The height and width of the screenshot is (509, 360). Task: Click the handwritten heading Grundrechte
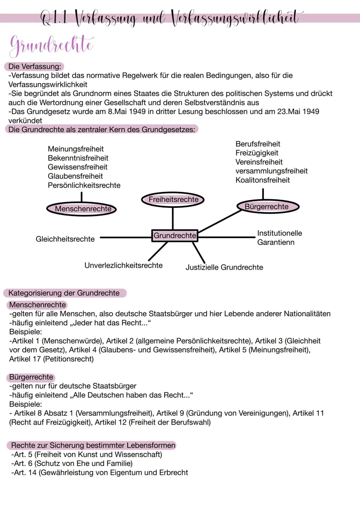(x=52, y=45)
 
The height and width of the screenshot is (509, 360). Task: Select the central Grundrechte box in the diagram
(x=175, y=236)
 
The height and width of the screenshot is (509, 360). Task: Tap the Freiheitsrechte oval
(x=173, y=200)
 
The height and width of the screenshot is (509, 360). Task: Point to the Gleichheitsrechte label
(x=65, y=239)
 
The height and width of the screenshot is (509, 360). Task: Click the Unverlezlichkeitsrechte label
(x=123, y=265)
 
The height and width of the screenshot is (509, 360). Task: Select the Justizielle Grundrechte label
(x=224, y=267)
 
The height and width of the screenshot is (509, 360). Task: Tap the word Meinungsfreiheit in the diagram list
(x=76, y=149)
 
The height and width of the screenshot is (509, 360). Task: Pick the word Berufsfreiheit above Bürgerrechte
(x=258, y=144)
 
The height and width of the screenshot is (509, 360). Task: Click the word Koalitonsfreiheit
(x=262, y=180)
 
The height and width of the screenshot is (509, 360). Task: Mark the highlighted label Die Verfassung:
(x=35, y=66)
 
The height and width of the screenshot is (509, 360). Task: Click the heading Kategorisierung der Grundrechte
(x=64, y=293)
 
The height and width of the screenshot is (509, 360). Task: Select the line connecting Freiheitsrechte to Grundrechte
(x=173, y=218)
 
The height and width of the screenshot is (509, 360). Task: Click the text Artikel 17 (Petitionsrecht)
(x=51, y=359)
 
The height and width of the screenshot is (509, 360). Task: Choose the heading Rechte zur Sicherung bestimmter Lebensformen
(x=93, y=445)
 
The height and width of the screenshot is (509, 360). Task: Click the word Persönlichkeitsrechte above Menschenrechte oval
(x=84, y=185)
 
